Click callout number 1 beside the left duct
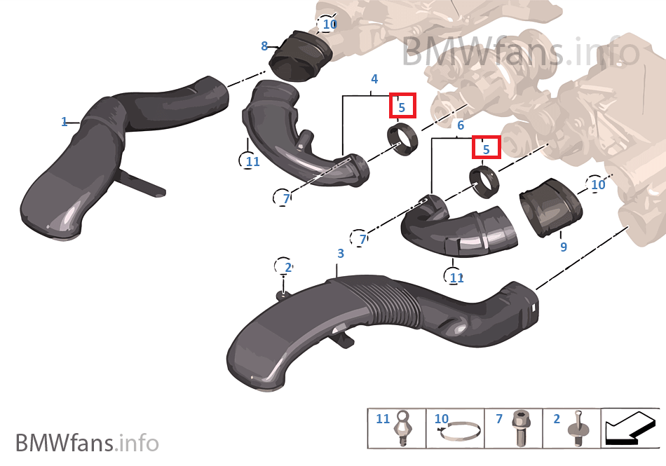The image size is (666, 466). point(64,122)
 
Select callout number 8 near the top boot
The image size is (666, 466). point(264,46)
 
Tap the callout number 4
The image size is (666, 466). point(374,78)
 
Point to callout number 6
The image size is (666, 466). point(461,125)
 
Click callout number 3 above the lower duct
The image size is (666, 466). point(341,253)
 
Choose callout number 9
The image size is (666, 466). point(563,247)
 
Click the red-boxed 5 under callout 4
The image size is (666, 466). point(402,107)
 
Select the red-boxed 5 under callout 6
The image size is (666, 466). point(486,148)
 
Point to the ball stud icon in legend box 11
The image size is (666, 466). point(404,429)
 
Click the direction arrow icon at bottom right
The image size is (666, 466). point(630,428)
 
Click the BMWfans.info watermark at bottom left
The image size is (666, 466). point(87,443)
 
